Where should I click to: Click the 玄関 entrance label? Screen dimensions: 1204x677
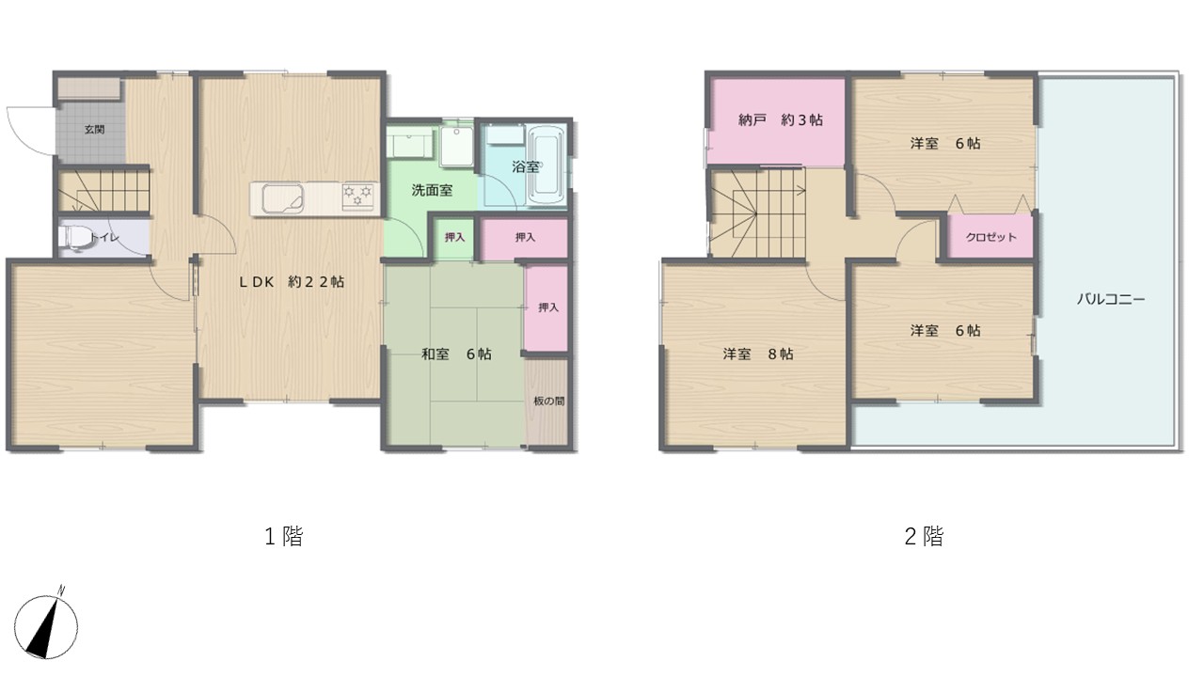(x=95, y=130)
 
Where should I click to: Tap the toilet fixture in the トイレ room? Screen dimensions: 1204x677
(x=74, y=237)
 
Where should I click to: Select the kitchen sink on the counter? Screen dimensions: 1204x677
(x=283, y=198)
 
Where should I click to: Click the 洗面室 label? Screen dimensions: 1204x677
(x=432, y=190)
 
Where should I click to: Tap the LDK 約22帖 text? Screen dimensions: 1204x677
(x=292, y=282)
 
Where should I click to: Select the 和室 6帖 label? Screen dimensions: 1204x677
(x=456, y=354)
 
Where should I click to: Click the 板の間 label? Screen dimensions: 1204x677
(x=548, y=401)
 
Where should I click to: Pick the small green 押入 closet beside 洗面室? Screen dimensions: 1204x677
(x=454, y=238)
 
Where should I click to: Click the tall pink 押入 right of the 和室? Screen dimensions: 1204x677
(x=547, y=308)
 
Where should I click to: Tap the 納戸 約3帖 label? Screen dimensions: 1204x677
(x=781, y=119)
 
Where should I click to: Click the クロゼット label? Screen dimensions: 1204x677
(x=991, y=237)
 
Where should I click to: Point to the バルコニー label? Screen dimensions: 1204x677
(x=1111, y=299)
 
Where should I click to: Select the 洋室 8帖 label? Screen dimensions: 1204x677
(x=758, y=354)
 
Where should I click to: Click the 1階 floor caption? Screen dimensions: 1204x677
(x=284, y=536)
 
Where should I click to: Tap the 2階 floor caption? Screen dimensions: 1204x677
(x=924, y=536)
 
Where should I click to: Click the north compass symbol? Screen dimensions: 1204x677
(x=46, y=623)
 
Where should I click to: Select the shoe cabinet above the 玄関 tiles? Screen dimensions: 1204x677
(x=88, y=88)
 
